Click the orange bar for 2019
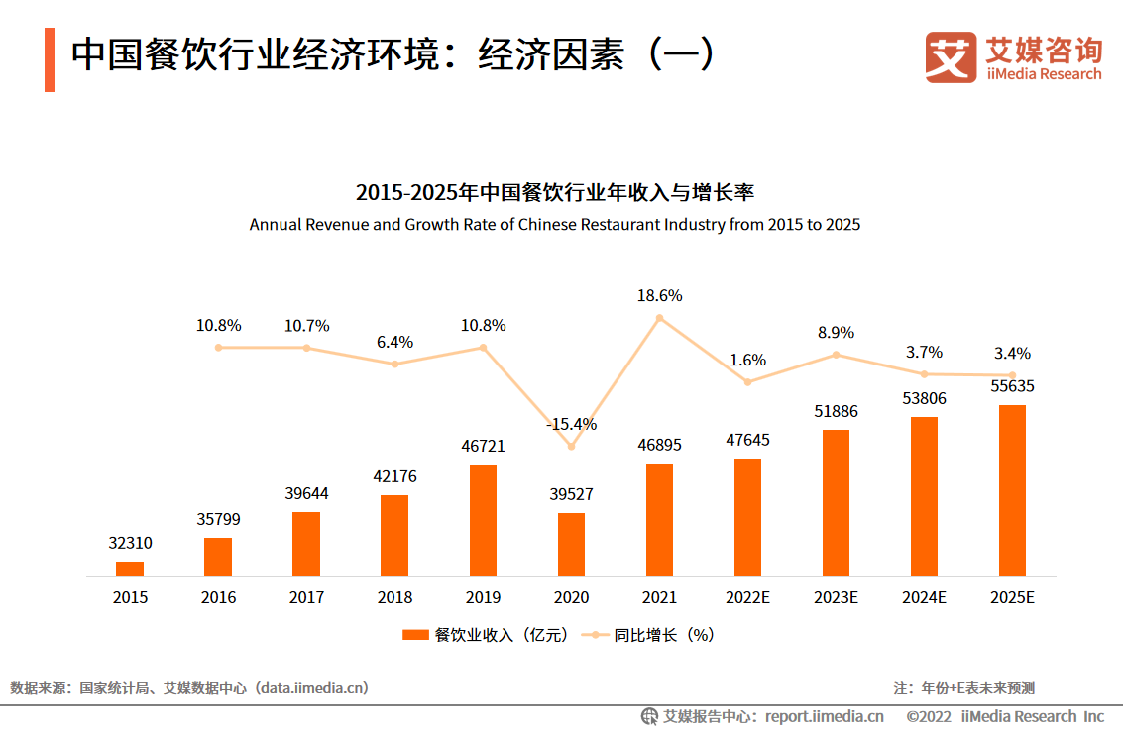point(483,520)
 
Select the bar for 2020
point(571,544)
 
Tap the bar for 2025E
point(1012,490)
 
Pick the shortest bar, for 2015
point(130,569)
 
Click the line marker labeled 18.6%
point(659,318)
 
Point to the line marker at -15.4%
point(571,447)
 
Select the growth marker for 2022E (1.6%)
point(748,382)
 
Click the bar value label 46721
point(483,447)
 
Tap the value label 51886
point(836,411)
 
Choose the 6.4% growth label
point(394,342)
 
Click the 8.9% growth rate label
point(836,333)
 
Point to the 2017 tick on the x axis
point(306,598)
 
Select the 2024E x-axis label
point(924,598)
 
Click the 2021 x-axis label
point(659,598)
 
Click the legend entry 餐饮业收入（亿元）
point(486,635)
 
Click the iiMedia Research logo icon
point(951,57)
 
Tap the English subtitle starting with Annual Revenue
point(555,225)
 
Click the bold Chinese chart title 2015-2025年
point(555,191)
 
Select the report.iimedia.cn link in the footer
point(824,716)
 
